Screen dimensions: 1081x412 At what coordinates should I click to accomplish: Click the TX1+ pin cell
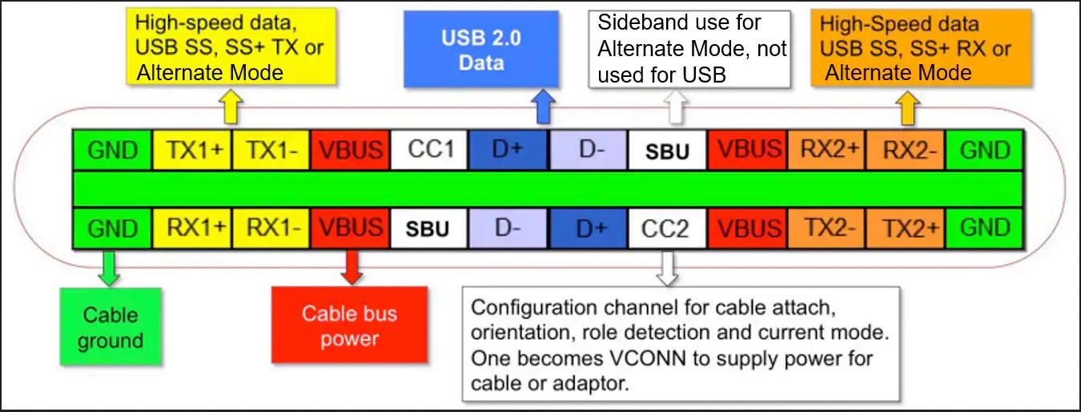pyautogui.click(x=192, y=150)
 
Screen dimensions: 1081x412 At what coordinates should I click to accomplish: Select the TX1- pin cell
pyautogui.click(x=271, y=150)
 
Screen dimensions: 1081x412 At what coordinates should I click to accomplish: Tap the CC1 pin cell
pyautogui.click(x=429, y=150)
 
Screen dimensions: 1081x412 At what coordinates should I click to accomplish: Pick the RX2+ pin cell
pyautogui.click(x=826, y=150)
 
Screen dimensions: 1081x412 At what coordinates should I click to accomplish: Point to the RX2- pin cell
pyautogui.click(x=906, y=150)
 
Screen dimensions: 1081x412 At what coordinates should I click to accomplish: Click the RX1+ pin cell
pyautogui.click(x=192, y=228)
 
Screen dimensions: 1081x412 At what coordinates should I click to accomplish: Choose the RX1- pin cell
pyautogui.click(x=271, y=228)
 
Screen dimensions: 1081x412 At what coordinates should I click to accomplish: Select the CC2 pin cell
pyautogui.click(x=668, y=228)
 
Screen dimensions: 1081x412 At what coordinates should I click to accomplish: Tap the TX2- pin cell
pyautogui.click(x=826, y=228)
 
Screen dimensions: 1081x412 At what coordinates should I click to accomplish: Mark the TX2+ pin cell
pyautogui.click(x=906, y=228)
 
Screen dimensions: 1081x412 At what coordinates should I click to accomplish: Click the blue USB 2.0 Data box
pyautogui.click(x=481, y=49)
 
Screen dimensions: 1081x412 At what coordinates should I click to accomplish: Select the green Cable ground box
pyautogui.click(x=111, y=326)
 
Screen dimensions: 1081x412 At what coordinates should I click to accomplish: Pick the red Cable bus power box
pyautogui.click(x=349, y=325)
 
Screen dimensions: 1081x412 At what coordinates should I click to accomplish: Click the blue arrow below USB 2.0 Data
pyautogui.click(x=543, y=107)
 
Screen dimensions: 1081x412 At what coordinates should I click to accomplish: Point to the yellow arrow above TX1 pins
pyautogui.click(x=231, y=107)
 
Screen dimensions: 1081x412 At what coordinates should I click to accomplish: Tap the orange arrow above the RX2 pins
pyautogui.click(x=908, y=107)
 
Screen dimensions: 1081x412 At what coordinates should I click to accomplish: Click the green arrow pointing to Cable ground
pyautogui.click(x=109, y=268)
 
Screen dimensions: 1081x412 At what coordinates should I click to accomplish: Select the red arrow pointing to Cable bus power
pyautogui.click(x=352, y=267)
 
